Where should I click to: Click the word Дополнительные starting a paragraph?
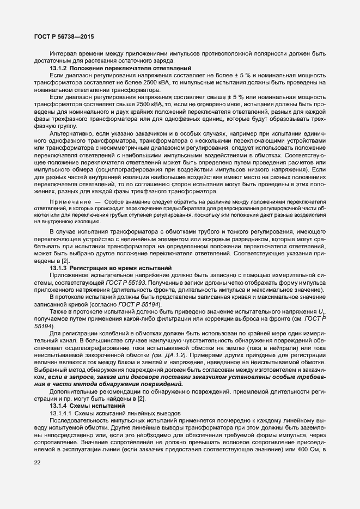click(x=74, y=376)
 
